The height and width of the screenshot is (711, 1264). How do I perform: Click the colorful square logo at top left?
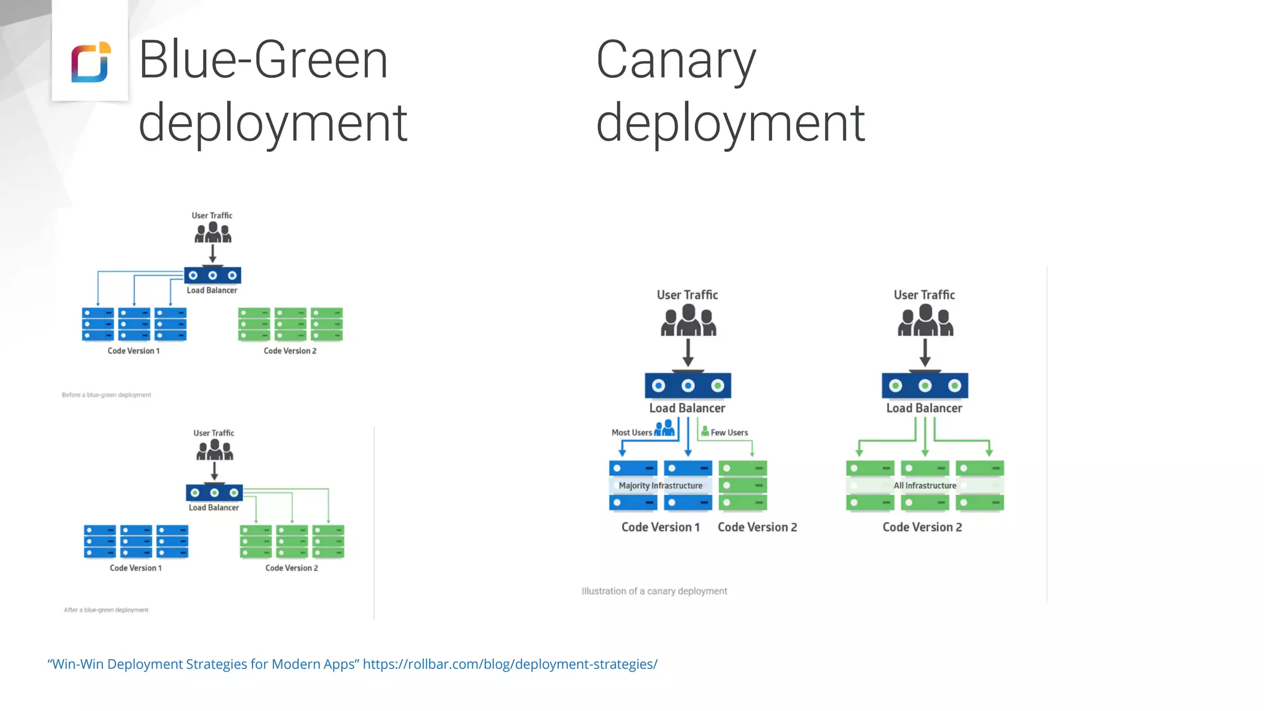(x=91, y=62)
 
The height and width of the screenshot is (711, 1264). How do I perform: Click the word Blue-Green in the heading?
(x=263, y=59)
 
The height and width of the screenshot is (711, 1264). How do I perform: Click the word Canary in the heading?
(x=675, y=60)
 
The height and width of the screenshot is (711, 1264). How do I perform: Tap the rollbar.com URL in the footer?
(x=510, y=664)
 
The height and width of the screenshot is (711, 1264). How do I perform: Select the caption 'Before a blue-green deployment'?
(x=106, y=395)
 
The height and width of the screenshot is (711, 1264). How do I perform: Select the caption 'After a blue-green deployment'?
(x=106, y=610)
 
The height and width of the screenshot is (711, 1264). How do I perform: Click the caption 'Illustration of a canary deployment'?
(x=654, y=591)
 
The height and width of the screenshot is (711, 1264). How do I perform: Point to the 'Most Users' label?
(x=631, y=433)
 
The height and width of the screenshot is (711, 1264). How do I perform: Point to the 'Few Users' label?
(x=729, y=433)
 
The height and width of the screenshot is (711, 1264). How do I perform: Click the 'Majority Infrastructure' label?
(x=660, y=486)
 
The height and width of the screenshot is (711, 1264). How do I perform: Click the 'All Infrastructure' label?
(x=925, y=486)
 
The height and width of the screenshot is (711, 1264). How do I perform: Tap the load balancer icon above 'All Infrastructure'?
(x=925, y=386)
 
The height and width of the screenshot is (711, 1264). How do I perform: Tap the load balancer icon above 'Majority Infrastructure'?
(x=688, y=386)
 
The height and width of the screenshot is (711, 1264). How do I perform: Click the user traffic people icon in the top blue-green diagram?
(x=213, y=233)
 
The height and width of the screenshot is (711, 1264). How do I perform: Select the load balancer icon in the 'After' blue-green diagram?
(x=214, y=493)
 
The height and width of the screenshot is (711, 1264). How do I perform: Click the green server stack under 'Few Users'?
(x=742, y=486)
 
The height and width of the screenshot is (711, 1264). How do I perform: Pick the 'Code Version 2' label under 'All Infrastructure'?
(x=922, y=527)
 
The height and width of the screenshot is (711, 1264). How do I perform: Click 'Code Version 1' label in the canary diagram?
(x=660, y=527)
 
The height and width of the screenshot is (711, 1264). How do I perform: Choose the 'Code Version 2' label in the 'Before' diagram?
(x=290, y=351)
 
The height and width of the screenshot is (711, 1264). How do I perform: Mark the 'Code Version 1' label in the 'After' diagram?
(x=136, y=568)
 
